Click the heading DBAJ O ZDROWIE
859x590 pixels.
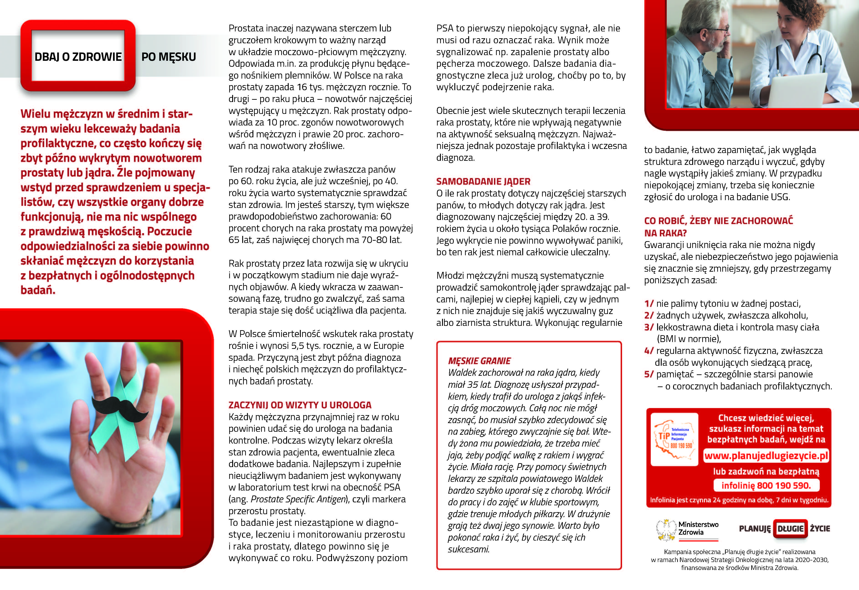tap(78, 57)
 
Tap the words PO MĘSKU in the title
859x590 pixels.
tap(169, 57)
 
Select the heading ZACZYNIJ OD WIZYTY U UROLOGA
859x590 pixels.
tap(300, 405)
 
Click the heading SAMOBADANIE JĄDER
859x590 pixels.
tap(483, 181)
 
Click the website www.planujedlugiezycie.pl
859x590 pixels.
tap(766, 456)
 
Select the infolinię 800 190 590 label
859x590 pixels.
tap(766, 485)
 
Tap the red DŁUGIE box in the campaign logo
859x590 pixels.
tap(790, 529)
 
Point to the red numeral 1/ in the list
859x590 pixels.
tap(649, 304)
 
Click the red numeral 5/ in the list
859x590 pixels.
tap(649, 375)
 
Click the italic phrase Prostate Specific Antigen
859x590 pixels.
tap(298, 499)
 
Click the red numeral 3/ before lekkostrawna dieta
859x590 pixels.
tap(649, 327)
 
